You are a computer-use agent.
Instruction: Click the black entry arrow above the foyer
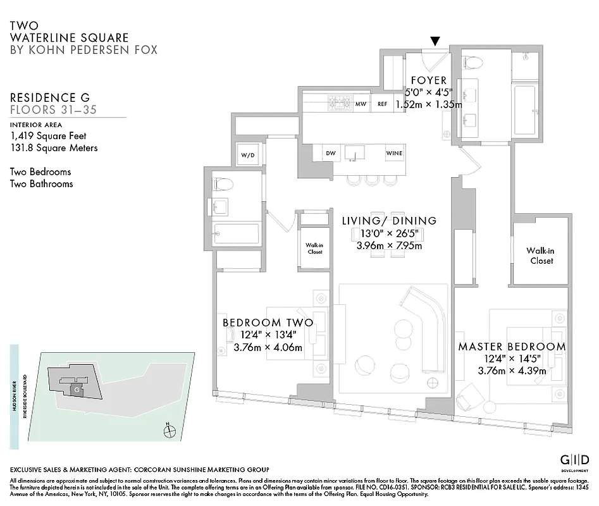coord(435,42)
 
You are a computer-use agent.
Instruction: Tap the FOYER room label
coord(428,81)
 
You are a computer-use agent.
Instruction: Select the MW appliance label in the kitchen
coord(361,104)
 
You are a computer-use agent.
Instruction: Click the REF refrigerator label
coord(382,104)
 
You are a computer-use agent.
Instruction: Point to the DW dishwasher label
coord(330,153)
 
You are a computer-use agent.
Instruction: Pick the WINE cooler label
coord(394,153)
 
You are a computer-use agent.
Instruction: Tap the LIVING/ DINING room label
coord(389,221)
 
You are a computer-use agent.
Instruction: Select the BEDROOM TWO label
coord(268,323)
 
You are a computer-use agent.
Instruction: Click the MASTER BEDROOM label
coord(512,347)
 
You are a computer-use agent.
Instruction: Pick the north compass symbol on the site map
coord(169,432)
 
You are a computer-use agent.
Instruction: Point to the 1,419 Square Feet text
coord(48,135)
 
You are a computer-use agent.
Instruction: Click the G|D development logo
coord(576,460)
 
